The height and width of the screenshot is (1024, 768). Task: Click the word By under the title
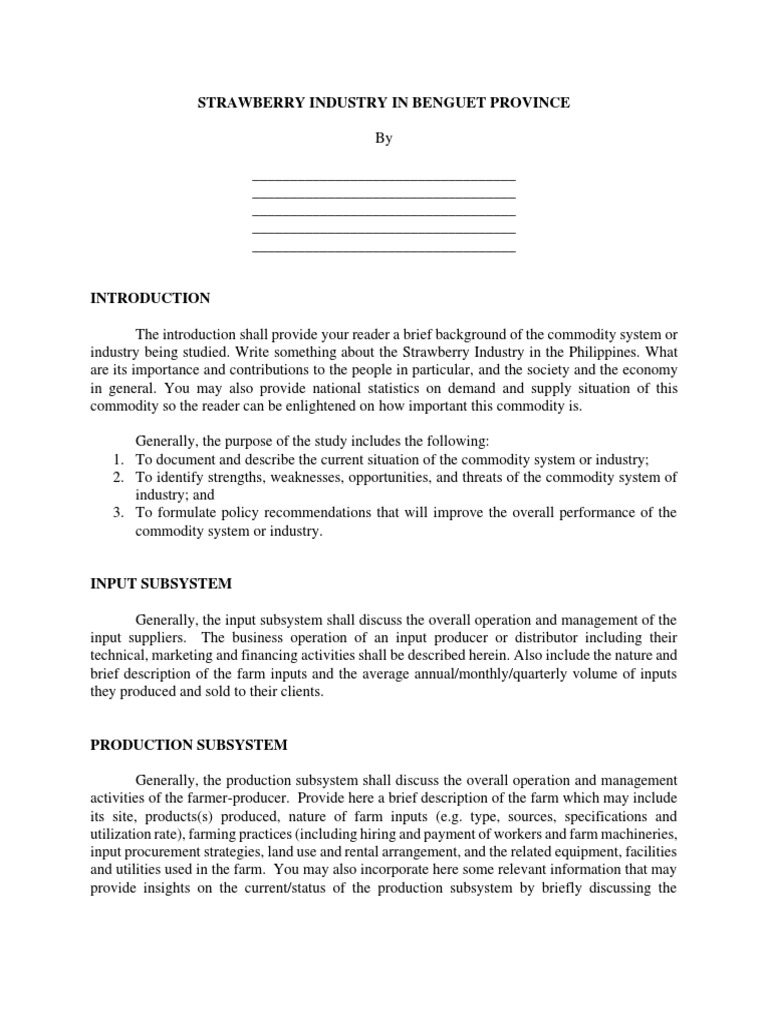tap(384, 139)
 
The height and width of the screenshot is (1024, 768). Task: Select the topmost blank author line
tap(384, 177)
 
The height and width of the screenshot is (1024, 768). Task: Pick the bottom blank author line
tap(384, 249)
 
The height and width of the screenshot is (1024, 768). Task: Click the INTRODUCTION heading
tap(150, 298)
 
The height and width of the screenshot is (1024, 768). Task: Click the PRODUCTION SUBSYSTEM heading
tap(188, 745)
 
